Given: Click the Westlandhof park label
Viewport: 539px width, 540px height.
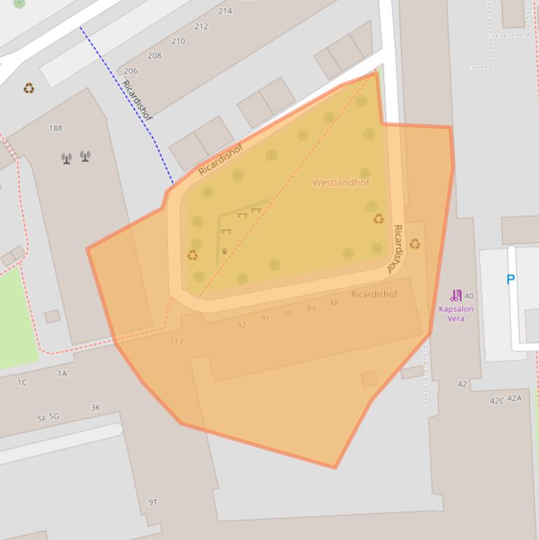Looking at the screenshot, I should pos(341,182).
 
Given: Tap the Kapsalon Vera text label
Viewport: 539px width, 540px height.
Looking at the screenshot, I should pos(456,313).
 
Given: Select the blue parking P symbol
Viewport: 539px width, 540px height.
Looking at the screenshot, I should pos(510,280).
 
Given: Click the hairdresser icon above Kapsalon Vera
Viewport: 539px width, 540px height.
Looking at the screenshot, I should pos(456,296).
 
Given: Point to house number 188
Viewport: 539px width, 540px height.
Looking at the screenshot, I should pos(55,128).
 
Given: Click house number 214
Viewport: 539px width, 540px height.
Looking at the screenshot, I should pos(225,11).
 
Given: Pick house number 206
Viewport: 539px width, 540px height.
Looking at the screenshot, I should pos(130,71).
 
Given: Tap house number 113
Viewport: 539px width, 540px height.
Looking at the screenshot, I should pos(177,342).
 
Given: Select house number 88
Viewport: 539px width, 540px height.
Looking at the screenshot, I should pos(334,304).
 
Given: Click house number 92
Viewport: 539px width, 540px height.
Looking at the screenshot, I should pos(241,325).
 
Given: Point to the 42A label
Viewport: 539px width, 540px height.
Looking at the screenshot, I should pos(514,398).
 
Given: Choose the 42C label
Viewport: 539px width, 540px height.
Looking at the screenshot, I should pos(497,401).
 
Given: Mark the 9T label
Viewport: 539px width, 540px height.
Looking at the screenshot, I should pos(153,502).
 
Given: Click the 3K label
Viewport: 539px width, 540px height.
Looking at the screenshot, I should pos(95,407).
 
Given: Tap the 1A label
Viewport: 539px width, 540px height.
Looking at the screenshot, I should pos(62,374).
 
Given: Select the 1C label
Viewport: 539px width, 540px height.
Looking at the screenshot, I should pos(22,383).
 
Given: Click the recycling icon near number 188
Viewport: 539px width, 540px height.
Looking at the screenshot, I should pos(29,88).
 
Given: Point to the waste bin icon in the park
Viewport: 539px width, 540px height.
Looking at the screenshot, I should pos(224,251).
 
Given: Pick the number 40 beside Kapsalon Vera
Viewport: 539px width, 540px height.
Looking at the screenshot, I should pos(469,296).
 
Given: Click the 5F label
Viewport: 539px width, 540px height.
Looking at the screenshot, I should pos(41,419).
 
